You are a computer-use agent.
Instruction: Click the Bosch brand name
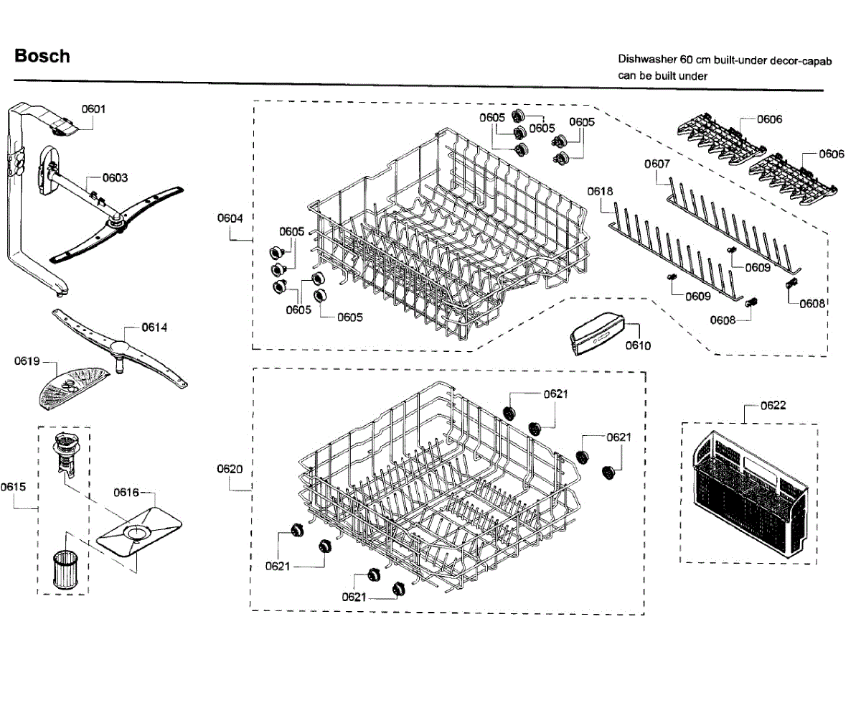click(42, 56)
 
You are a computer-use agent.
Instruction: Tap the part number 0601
click(93, 109)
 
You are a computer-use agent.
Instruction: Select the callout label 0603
click(115, 177)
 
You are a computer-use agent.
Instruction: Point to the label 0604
click(230, 218)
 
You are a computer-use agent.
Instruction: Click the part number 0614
click(154, 327)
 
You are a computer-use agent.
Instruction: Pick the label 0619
click(27, 361)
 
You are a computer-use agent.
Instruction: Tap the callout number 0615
click(13, 487)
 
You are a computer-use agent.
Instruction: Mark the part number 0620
click(230, 468)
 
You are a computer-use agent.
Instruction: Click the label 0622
click(772, 406)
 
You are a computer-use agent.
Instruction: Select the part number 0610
click(638, 345)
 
